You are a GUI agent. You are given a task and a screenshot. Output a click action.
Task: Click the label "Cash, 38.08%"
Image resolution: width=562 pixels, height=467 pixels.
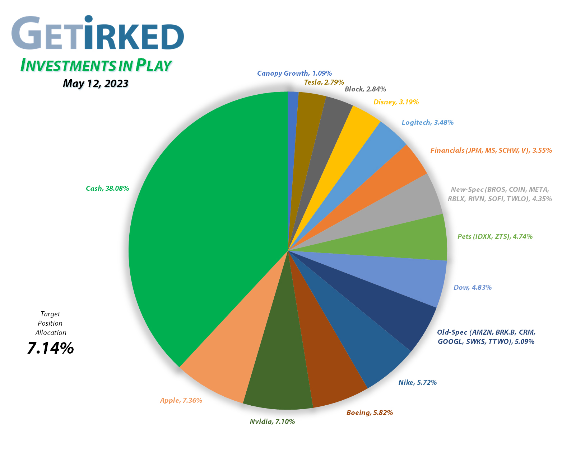click(x=107, y=188)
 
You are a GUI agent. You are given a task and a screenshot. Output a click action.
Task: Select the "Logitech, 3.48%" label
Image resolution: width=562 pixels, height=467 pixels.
click(x=427, y=122)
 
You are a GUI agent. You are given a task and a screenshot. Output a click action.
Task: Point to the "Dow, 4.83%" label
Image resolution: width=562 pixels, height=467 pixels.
click(x=473, y=287)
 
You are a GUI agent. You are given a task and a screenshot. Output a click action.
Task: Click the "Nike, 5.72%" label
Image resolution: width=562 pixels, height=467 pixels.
click(x=418, y=382)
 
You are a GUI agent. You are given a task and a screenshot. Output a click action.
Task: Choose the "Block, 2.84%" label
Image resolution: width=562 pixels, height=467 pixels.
click(x=365, y=89)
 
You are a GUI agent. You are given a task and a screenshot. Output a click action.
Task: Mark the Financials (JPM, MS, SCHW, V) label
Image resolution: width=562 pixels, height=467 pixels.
click(x=491, y=150)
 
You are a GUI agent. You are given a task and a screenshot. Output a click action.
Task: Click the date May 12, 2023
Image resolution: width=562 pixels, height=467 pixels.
click(x=96, y=84)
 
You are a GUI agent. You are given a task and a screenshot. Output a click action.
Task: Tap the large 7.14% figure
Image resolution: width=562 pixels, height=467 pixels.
click(x=51, y=348)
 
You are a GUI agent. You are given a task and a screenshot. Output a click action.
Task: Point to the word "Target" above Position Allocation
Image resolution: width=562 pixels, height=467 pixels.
click(x=50, y=314)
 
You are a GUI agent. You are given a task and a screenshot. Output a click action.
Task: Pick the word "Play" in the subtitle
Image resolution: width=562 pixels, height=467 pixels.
click(x=153, y=65)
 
